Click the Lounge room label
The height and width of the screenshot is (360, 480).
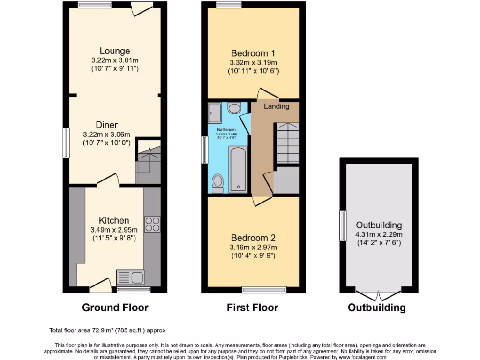click(x=115, y=51)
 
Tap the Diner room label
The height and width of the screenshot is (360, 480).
click(x=107, y=125)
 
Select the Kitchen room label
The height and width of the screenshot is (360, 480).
click(x=114, y=220)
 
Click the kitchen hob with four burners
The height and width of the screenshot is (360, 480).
click(x=152, y=224)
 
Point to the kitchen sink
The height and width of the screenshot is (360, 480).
click(x=130, y=277)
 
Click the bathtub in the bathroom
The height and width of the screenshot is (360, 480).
click(x=238, y=169)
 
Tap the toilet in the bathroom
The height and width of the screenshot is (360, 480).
click(x=217, y=183)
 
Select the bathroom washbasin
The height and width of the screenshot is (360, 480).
click(x=234, y=108)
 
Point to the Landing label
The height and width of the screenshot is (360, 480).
click(x=277, y=106)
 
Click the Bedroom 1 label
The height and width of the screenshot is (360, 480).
click(x=253, y=53)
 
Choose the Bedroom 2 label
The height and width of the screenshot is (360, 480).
click(x=253, y=238)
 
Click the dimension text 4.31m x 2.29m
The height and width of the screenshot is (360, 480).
click(x=379, y=234)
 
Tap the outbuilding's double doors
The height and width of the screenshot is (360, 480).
click(x=379, y=295)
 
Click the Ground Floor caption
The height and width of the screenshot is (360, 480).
click(x=115, y=308)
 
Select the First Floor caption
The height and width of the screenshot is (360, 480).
click(x=253, y=308)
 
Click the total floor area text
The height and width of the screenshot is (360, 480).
click(x=107, y=330)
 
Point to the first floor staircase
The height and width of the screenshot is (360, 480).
click(x=286, y=142)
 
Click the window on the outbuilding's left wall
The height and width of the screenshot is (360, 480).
click(x=343, y=226)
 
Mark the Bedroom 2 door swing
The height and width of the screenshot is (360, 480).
click(x=259, y=201)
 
